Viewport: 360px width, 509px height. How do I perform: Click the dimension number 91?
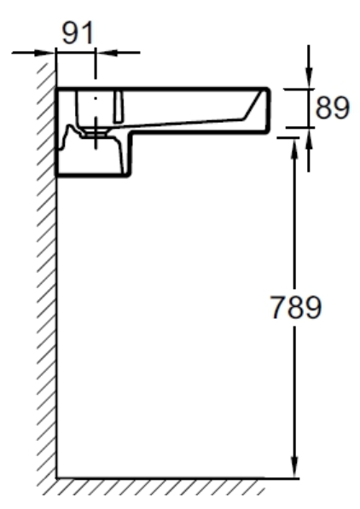78,32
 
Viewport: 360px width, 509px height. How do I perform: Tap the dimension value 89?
333,107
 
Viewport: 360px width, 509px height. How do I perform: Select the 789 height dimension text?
296,307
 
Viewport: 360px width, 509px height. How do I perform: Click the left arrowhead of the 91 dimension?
45,52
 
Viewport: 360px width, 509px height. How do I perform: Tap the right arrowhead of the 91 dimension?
107,52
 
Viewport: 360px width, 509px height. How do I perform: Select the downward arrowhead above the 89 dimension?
309,78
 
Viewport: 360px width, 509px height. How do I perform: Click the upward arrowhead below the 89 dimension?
309,139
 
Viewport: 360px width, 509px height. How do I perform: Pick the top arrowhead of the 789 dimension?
294,148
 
